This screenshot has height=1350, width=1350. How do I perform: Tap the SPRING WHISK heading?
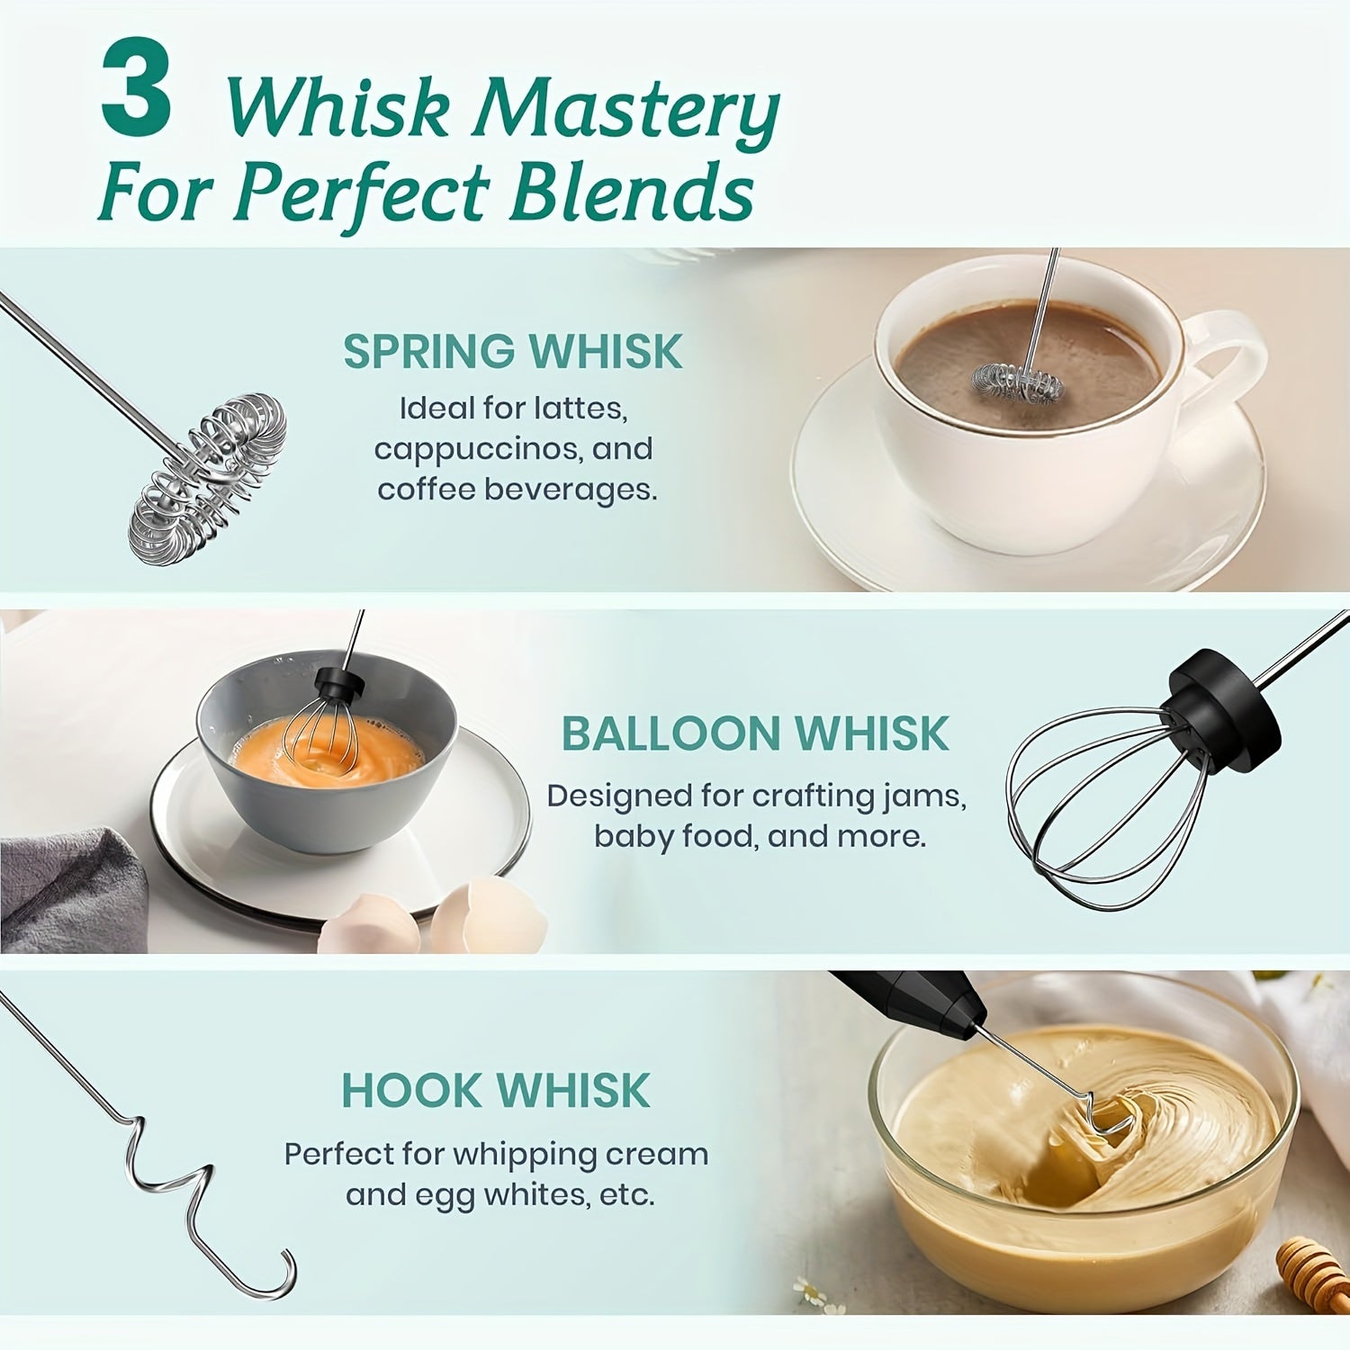click(513, 351)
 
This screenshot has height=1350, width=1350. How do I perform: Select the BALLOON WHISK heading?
click(755, 734)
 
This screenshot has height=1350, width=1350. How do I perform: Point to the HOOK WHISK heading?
click(496, 1091)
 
